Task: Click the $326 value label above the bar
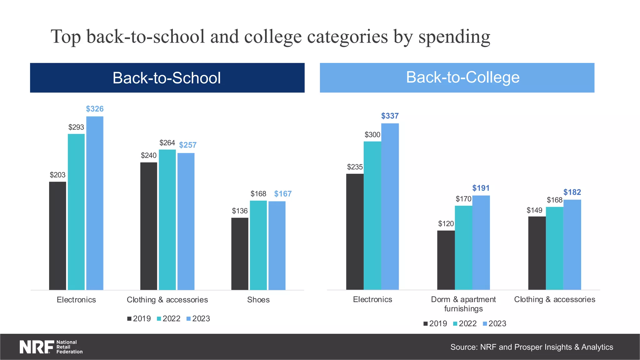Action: click(95, 109)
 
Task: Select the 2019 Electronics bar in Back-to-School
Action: click(57, 236)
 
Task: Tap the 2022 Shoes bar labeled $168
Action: click(258, 245)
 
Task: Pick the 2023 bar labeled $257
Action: click(186, 221)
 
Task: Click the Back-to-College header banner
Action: click(457, 77)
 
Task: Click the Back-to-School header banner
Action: click(167, 77)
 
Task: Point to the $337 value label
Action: click(390, 116)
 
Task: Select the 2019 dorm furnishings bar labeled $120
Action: click(446, 260)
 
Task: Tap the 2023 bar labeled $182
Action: click(572, 244)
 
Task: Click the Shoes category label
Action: click(258, 300)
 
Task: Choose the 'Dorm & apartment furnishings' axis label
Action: click(463, 304)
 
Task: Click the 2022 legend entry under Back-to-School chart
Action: click(168, 318)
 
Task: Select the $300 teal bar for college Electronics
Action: click(372, 215)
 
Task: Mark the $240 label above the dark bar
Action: click(148, 155)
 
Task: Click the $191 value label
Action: click(481, 188)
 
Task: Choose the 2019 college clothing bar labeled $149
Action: click(537, 253)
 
